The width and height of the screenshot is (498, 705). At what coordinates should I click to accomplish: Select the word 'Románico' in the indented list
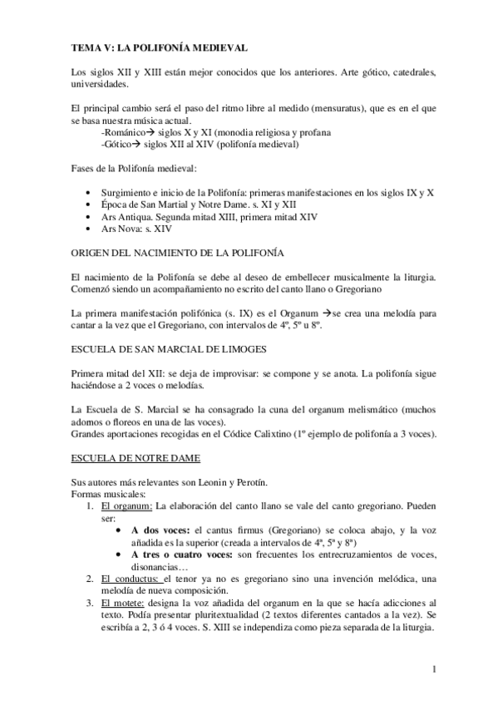(122, 132)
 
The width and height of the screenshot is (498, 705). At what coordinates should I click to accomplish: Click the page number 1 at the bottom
(434, 668)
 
